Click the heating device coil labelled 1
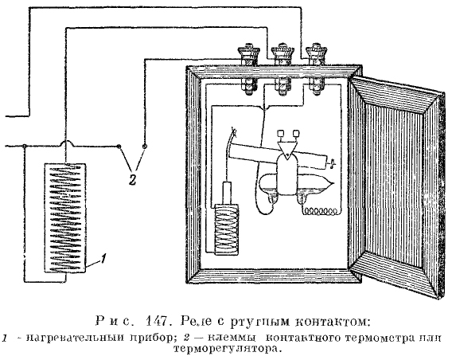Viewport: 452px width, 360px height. coord(65,218)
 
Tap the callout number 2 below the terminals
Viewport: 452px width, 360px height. coord(132,180)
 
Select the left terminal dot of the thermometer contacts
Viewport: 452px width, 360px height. coord(119,147)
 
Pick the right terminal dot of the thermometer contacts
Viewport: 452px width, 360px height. coord(145,147)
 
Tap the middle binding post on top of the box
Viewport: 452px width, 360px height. coord(282,69)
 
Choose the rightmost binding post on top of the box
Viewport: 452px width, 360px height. coord(316,69)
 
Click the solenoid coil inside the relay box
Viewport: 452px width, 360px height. coord(227,229)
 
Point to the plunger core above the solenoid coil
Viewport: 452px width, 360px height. coord(227,194)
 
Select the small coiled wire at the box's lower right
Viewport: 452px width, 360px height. coord(320,211)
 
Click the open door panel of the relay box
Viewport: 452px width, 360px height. coord(396,187)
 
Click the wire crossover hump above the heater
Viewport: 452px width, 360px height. coord(67,143)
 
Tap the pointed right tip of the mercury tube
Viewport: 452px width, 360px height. coord(335,183)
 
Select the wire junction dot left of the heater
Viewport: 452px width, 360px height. coord(25,147)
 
